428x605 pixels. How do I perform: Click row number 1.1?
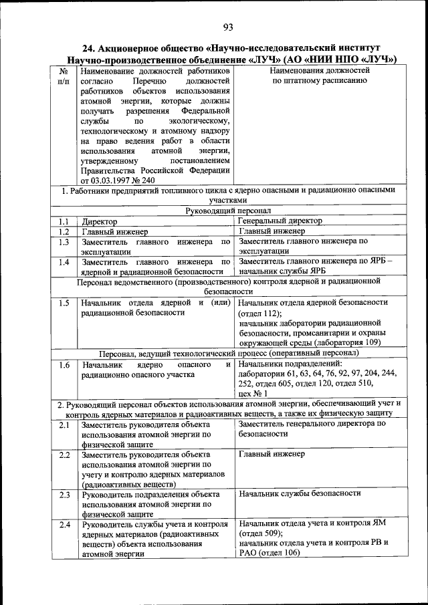64,221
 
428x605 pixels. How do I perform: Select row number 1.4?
64,261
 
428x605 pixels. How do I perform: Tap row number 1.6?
64,365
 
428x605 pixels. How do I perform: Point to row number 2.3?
64,495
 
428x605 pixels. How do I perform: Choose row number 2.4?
64,524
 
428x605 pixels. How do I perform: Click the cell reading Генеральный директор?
280,221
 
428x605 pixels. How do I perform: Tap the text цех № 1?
253,394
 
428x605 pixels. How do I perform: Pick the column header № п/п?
64,75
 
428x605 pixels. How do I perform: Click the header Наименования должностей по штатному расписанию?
319,75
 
